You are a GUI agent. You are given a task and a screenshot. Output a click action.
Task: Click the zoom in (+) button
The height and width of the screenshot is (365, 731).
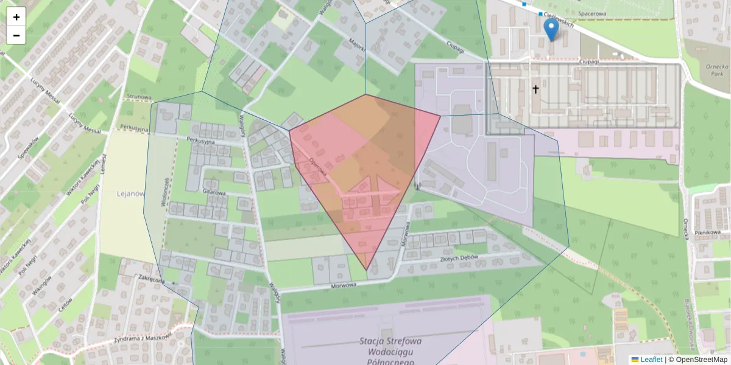coord(16,17)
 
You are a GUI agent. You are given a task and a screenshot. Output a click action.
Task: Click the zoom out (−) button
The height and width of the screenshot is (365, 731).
coord(16,35)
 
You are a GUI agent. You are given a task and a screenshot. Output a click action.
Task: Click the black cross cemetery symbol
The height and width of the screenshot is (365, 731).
coord(536,89)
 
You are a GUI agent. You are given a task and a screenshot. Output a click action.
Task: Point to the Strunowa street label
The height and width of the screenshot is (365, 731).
coord(139,96)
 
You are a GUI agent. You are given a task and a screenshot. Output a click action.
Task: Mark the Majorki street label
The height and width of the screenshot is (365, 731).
coord(357,44)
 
